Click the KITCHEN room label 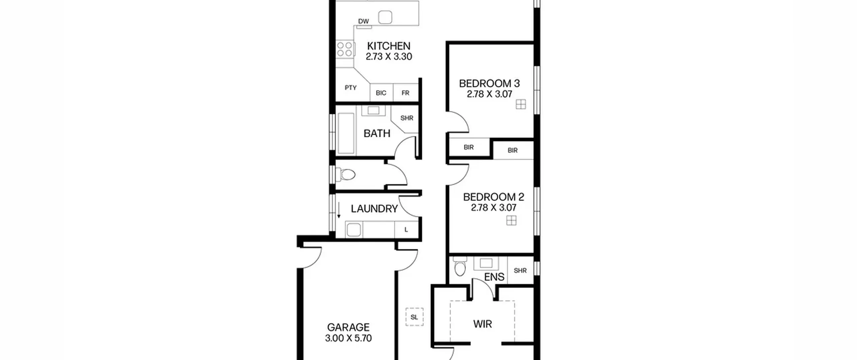pos(389,46)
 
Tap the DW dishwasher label pos(363,21)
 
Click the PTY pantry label pos(350,88)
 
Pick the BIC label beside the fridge pos(381,93)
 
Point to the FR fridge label pos(405,93)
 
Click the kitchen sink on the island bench pos(385,17)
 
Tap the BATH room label pos(377,133)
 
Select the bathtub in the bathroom pos(346,133)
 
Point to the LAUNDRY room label pos(374,209)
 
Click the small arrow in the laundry pos(339,210)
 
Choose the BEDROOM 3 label pos(489,83)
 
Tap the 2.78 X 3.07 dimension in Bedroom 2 pos(493,208)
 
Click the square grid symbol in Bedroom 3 pos(521,104)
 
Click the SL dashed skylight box pos(414,317)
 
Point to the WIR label pos(482,324)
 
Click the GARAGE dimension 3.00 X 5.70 pos(348,338)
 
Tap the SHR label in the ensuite pos(520,271)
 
